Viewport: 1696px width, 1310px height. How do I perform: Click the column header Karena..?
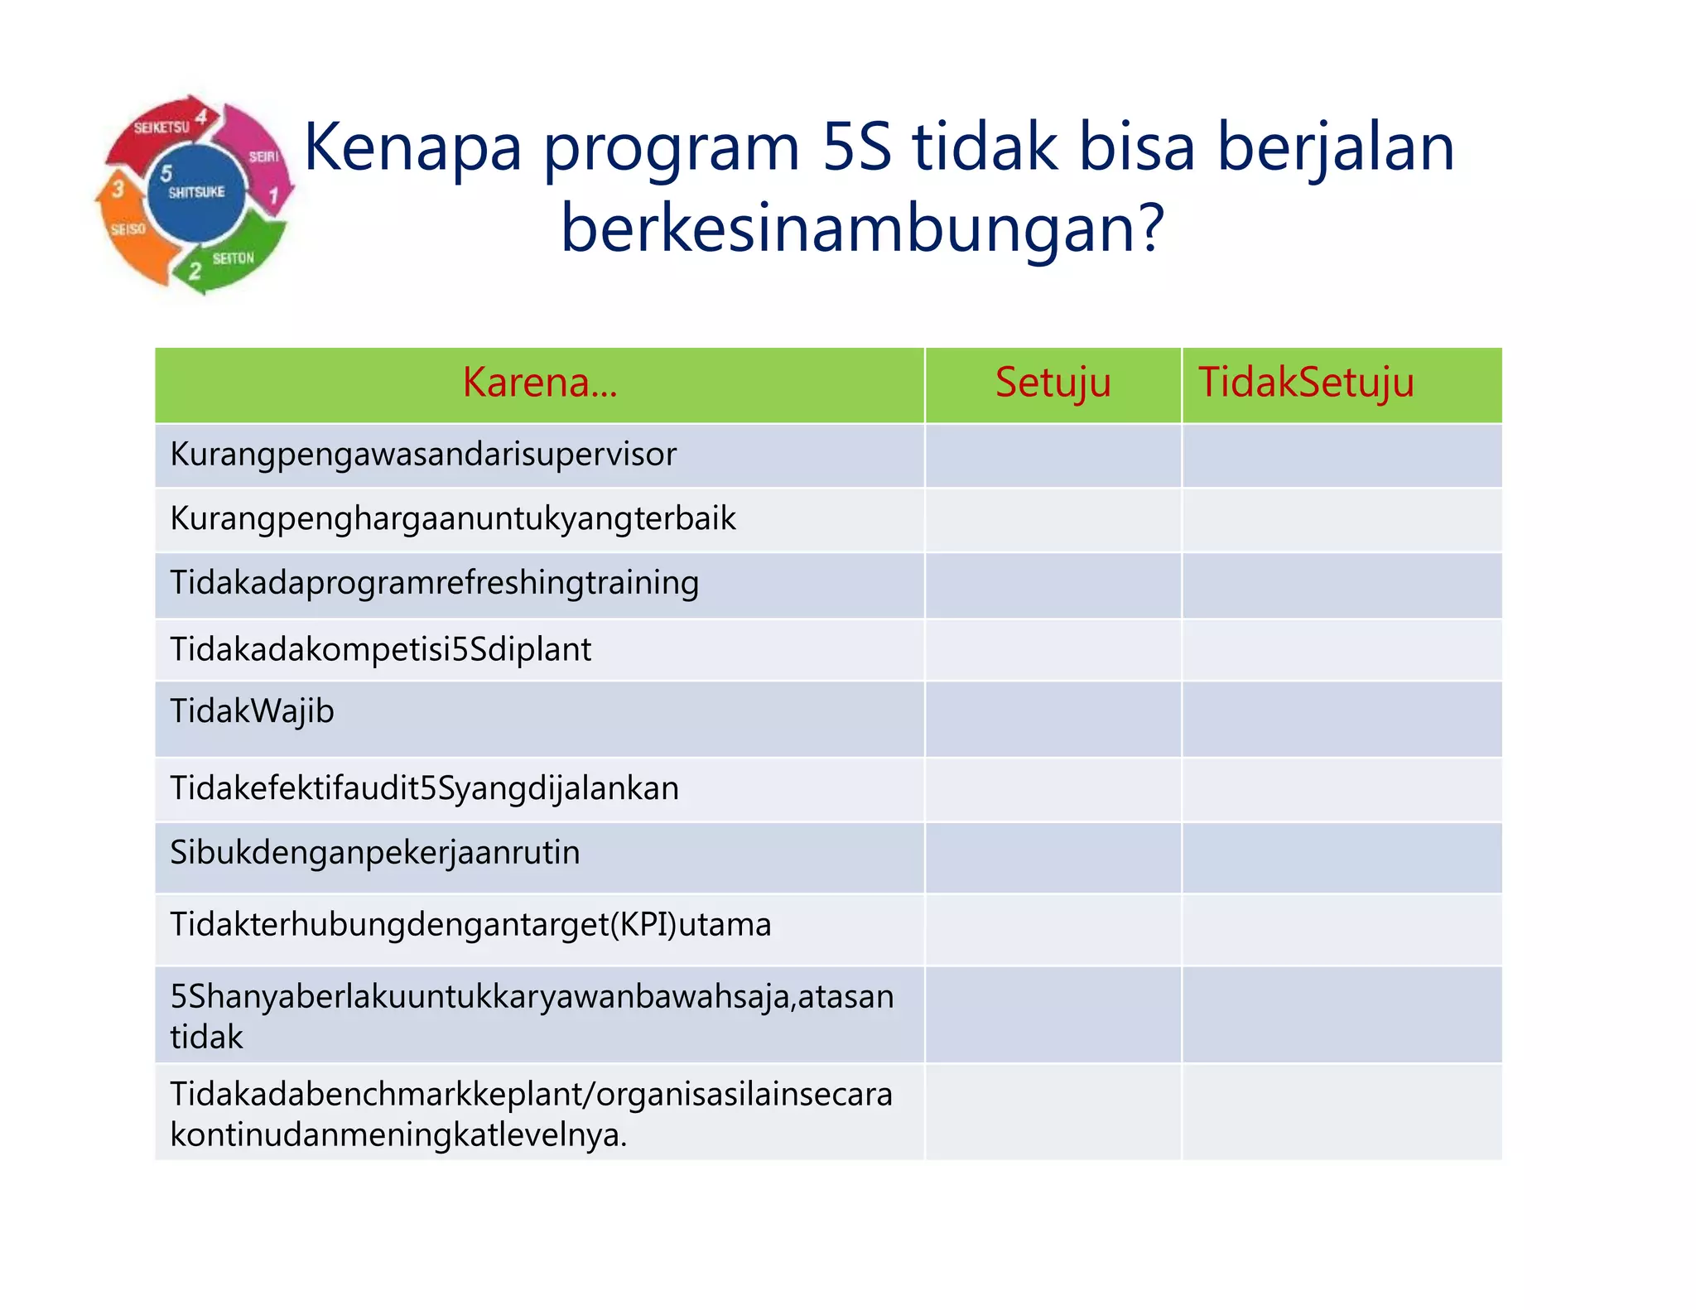[539, 383]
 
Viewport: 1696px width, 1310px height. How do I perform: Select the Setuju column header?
[1052, 383]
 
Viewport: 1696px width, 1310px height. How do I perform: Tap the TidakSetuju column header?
[1306, 383]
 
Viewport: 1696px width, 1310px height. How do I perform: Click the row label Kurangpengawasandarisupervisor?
[423, 455]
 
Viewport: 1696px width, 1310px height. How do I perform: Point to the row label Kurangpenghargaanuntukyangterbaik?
[452, 519]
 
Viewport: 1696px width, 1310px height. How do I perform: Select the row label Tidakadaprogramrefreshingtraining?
[434, 583]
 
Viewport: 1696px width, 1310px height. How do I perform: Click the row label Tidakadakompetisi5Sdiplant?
[380, 649]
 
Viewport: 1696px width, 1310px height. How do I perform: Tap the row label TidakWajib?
[252, 711]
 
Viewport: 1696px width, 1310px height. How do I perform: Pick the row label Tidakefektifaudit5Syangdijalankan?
[424, 788]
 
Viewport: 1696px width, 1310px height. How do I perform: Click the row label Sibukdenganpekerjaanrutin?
[374, 853]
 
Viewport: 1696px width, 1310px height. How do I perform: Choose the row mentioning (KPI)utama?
[470, 925]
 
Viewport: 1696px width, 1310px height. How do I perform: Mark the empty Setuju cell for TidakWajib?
[1052, 718]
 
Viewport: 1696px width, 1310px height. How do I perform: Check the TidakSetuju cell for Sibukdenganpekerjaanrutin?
[1342, 858]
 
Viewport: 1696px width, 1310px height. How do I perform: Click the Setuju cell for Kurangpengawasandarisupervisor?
[1052, 455]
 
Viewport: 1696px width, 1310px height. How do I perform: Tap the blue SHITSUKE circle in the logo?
[196, 193]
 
